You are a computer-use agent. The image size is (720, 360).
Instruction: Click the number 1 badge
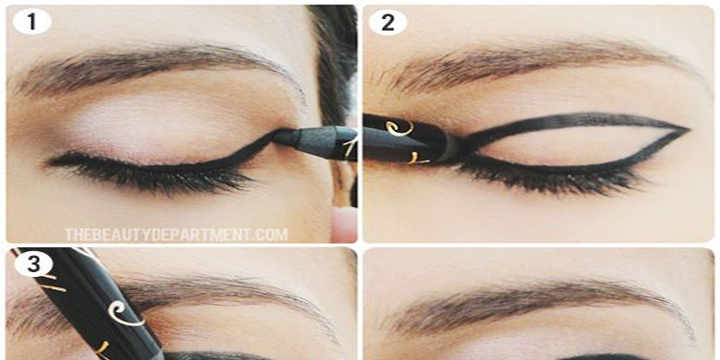(x=33, y=21)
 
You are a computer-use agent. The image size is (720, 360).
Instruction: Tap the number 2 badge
(x=387, y=21)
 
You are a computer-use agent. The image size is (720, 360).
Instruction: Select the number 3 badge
(x=32, y=265)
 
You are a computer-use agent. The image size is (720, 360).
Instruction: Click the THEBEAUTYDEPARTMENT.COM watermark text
(x=176, y=233)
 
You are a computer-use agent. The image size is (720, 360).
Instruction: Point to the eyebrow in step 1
(x=153, y=67)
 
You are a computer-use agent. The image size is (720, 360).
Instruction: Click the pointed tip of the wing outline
(x=685, y=130)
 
